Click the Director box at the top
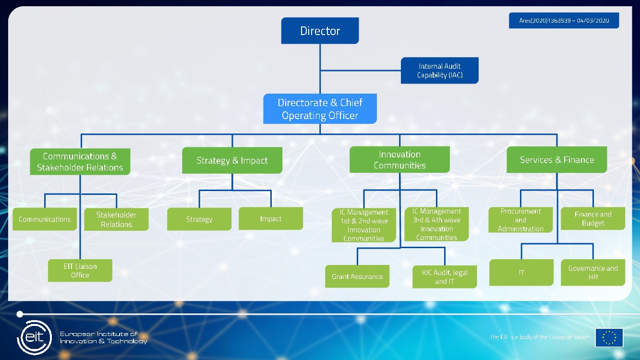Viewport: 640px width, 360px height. point(320,31)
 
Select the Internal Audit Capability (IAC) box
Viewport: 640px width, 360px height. point(439,71)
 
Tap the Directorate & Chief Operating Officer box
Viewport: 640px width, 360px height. point(320,109)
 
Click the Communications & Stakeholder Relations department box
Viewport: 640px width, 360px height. point(80,162)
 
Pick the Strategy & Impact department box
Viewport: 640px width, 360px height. point(232,160)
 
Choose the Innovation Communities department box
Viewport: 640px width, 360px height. point(399,160)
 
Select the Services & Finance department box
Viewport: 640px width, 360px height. point(556,160)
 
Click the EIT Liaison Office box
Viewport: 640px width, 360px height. point(80,271)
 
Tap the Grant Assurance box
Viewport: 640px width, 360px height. point(357,276)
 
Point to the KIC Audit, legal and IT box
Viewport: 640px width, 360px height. point(445,277)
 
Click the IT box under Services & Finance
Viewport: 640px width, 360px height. point(521,273)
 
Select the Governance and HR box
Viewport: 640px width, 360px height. point(593,273)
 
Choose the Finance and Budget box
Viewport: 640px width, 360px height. point(593,218)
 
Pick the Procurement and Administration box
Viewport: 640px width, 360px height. point(520,220)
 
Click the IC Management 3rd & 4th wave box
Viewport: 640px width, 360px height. point(436,224)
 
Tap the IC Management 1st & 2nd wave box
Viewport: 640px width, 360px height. point(364,225)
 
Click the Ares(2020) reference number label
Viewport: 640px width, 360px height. point(564,21)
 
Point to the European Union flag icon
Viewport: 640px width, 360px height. point(609,337)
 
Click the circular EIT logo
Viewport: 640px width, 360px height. point(34,337)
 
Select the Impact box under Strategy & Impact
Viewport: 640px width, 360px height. point(271,219)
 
